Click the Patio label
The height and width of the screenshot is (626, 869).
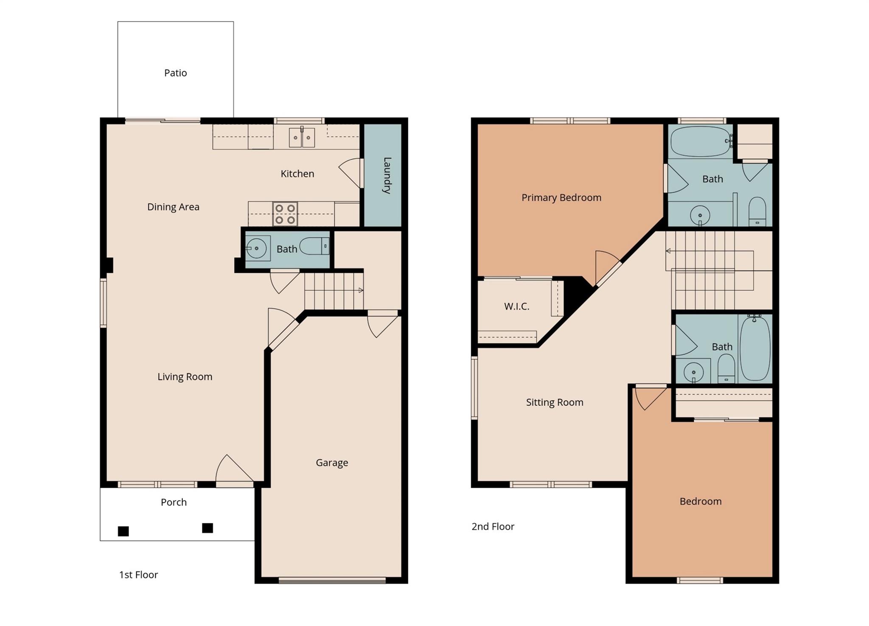(x=175, y=73)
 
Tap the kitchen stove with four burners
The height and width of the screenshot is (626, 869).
(x=285, y=214)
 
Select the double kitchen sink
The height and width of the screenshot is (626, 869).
(x=302, y=138)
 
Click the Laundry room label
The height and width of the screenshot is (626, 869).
(x=387, y=175)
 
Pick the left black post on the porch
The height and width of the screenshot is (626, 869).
(x=123, y=531)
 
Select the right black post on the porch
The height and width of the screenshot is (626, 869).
(x=207, y=528)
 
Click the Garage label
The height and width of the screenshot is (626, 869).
(x=332, y=463)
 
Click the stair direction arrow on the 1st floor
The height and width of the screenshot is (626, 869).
(x=360, y=290)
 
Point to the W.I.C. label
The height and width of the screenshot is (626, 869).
(x=516, y=306)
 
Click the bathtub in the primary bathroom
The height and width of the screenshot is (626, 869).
(x=701, y=141)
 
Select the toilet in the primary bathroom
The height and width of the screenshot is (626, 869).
(x=757, y=211)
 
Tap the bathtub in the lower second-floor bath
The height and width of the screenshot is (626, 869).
(x=755, y=349)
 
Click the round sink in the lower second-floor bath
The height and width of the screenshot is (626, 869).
(x=693, y=372)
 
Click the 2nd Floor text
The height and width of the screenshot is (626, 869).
(x=493, y=527)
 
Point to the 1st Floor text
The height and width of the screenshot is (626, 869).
(x=138, y=575)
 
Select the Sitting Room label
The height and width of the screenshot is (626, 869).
(x=554, y=402)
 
